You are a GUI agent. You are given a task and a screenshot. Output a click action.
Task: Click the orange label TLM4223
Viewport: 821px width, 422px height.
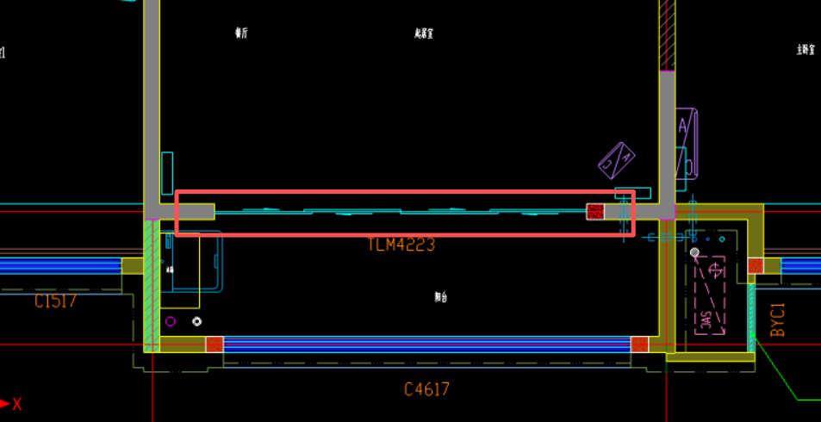pyautogui.click(x=401, y=245)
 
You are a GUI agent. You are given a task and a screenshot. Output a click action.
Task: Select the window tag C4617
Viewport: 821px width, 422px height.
pyautogui.click(x=426, y=390)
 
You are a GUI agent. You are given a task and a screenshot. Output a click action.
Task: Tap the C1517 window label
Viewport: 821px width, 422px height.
pyautogui.click(x=56, y=301)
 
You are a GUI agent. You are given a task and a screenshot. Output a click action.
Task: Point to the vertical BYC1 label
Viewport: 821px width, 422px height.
pyautogui.click(x=778, y=320)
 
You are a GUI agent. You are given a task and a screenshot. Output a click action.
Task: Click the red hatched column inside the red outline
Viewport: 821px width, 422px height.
pyautogui.click(x=595, y=211)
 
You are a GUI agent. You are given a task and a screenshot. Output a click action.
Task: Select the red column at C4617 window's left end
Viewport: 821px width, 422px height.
pyautogui.click(x=215, y=344)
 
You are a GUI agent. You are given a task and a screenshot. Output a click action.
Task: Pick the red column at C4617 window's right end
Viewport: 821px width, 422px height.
pyautogui.click(x=639, y=344)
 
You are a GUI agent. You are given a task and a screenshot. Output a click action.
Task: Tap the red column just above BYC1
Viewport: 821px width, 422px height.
pyautogui.click(x=755, y=265)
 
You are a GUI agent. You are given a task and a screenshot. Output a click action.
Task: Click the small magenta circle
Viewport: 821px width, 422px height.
pyautogui.click(x=171, y=322)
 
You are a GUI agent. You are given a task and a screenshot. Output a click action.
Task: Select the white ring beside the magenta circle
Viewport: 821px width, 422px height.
pyautogui.click(x=197, y=321)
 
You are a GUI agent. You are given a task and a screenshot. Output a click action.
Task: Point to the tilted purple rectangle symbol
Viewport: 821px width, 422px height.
pyautogui.click(x=617, y=160)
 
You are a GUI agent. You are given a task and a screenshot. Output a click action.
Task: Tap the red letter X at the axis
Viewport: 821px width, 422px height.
pyautogui.click(x=16, y=403)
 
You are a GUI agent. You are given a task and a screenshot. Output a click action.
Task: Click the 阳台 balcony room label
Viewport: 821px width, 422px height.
pyautogui.click(x=441, y=297)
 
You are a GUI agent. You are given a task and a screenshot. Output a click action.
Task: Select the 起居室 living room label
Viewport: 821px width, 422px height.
pyautogui.click(x=423, y=34)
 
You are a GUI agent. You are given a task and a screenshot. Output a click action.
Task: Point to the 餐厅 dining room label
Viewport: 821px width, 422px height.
pyautogui.click(x=241, y=34)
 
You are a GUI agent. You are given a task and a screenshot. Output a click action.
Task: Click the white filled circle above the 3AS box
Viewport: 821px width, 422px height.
pyautogui.click(x=695, y=252)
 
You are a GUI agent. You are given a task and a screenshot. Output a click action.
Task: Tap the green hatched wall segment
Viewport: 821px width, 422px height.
pyautogui.click(x=152, y=284)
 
